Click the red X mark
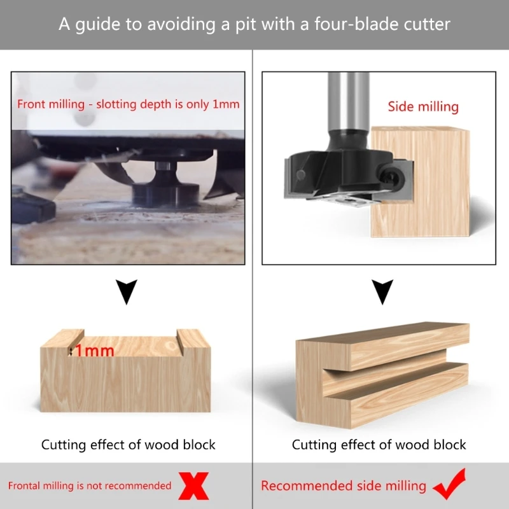[x=193, y=485]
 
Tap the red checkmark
[x=450, y=484]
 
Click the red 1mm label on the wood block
[x=95, y=351]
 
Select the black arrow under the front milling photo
[x=126, y=291]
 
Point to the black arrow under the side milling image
[x=382, y=291]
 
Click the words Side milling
[x=423, y=107]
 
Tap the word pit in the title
[x=246, y=25]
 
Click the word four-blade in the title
[x=356, y=24]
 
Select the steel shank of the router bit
[x=348, y=101]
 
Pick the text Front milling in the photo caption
[x=51, y=104]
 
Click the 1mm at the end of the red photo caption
[x=226, y=104]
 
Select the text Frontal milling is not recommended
[x=90, y=485]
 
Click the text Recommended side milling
[x=344, y=486]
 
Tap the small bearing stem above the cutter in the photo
[x=162, y=166]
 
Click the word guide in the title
[x=97, y=25]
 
